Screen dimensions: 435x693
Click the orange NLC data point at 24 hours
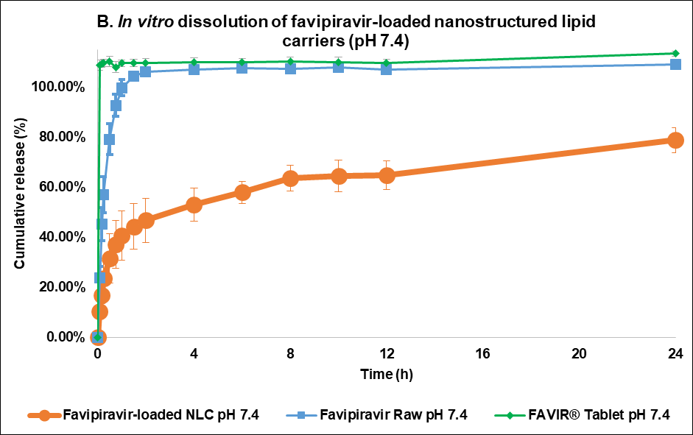click(x=675, y=141)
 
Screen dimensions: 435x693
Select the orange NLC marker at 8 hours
click(x=290, y=178)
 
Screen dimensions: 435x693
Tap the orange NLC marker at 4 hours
click(x=194, y=205)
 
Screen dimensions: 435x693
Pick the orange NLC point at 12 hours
click(x=386, y=175)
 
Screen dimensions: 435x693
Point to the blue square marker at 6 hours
click(x=242, y=68)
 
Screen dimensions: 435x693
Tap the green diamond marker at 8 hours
click(x=290, y=62)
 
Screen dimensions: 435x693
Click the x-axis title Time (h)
click(x=387, y=374)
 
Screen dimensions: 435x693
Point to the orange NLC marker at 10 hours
click(x=338, y=176)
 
